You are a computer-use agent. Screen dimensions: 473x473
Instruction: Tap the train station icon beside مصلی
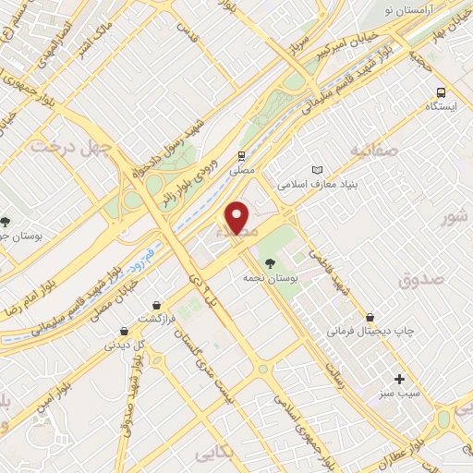pyautogui.click(x=241, y=156)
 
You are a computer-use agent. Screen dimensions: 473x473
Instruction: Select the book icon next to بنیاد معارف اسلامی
pyautogui.click(x=319, y=171)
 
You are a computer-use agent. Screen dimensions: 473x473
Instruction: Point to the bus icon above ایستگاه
pyautogui.click(x=441, y=92)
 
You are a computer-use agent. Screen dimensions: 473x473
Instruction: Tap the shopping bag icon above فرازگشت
pyautogui.click(x=157, y=304)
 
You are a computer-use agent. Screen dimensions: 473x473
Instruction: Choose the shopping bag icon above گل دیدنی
pyautogui.click(x=124, y=331)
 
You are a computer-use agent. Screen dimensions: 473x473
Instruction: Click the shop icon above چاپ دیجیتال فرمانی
pyautogui.click(x=370, y=317)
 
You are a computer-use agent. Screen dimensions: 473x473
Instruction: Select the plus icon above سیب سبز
pyautogui.click(x=399, y=379)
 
